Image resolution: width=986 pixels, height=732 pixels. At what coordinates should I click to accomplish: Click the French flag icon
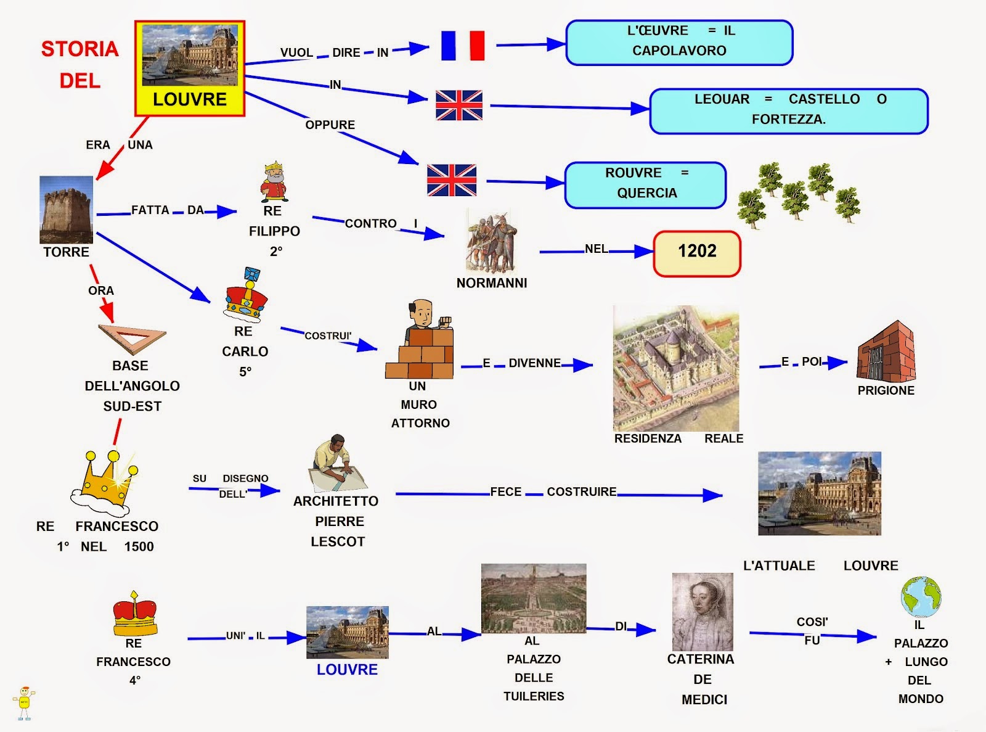tap(463, 46)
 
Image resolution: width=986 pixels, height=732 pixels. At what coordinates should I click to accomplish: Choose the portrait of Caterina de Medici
tap(703, 611)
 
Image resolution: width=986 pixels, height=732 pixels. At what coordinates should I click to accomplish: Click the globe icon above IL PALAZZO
tap(921, 597)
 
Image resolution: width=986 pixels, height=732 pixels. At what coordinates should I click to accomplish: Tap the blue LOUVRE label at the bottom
tap(347, 670)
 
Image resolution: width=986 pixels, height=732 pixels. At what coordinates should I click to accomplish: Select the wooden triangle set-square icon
tap(132, 339)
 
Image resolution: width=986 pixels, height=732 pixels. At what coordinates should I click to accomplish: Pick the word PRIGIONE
tap(886, 390)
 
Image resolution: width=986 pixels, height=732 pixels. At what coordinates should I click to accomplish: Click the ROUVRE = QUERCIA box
tap(645, 184)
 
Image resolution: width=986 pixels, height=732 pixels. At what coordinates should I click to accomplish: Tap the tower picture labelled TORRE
tap(66, 210)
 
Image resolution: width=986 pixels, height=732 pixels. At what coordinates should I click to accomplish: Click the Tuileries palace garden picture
tap(533, 598)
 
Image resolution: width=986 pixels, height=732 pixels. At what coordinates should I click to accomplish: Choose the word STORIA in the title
tap(79, 49)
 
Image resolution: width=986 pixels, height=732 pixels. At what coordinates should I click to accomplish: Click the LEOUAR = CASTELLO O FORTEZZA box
tap(788, 111)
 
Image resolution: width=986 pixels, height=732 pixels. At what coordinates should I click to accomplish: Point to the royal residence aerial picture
tap(676, 368)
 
